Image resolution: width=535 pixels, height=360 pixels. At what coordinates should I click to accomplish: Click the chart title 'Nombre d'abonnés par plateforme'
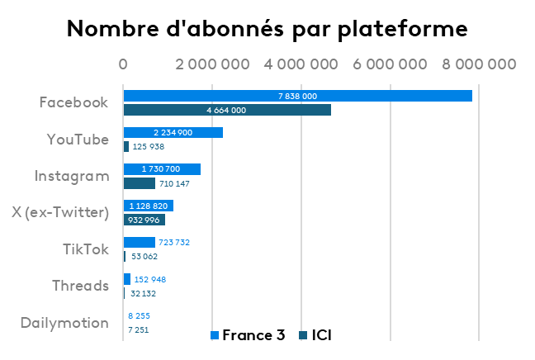pos(267,29)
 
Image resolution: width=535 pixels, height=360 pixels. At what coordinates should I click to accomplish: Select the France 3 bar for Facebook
pos(297,96)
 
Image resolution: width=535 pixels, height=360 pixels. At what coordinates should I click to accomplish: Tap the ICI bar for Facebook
pos(227,110)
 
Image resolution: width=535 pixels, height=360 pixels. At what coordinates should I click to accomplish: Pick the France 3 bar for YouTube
pos(173,132)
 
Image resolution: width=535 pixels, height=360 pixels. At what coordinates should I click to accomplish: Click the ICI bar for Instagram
pos(139,183)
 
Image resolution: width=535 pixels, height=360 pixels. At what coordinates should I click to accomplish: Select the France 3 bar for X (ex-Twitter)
pos(148,206)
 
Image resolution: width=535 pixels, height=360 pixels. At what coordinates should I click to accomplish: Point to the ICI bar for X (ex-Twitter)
pos(144,220)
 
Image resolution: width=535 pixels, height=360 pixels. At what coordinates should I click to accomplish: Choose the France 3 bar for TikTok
pos(139,242)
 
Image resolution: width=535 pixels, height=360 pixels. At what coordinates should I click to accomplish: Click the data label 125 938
pos(149,147)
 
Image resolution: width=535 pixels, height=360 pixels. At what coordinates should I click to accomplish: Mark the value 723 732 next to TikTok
pos(173,242)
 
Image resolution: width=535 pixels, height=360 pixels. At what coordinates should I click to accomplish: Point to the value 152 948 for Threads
pos(149,279)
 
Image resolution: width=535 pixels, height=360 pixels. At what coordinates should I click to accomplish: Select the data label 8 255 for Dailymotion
pos(139,315)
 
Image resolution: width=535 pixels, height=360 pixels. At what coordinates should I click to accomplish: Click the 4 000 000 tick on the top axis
pos(300,64)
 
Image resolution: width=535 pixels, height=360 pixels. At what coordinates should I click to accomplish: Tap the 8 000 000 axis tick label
pos(478,64)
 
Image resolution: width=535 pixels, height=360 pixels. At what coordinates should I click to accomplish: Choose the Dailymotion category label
pos(65,323)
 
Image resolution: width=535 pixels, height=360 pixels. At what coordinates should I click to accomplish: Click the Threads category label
pos(80,286)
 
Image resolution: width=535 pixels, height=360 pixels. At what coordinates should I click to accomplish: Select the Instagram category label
pos(72,176)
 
